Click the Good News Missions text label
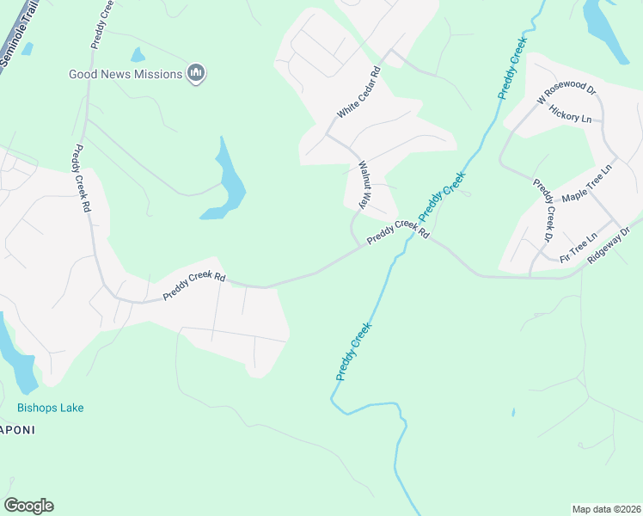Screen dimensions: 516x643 [126, 75]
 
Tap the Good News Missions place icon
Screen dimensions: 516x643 [197, 74]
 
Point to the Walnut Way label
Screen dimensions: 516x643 [364, 184]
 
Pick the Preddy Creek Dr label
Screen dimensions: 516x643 [544, 210]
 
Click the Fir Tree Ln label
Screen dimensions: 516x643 [577, 248]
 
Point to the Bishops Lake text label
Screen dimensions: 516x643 [51, 408]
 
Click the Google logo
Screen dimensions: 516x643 [28, 506]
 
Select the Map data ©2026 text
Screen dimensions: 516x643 [606, 509]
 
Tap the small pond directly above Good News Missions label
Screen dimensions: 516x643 [138, 55]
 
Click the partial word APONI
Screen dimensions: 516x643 [17, 430]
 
